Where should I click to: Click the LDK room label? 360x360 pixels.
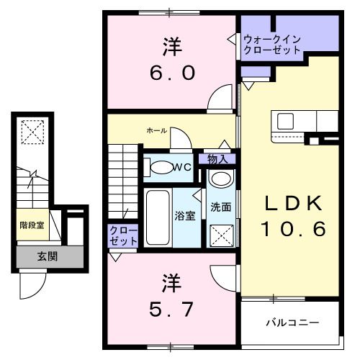pos(292,204)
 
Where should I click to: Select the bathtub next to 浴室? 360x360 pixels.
pos(156,216)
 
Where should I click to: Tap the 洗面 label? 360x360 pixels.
pos(220,207)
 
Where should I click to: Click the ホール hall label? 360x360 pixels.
pos(156,130)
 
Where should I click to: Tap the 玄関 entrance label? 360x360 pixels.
pos(48,256)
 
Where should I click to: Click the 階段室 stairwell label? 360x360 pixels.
pos(33,225)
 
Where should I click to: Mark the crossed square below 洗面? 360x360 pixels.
pos(221,234)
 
